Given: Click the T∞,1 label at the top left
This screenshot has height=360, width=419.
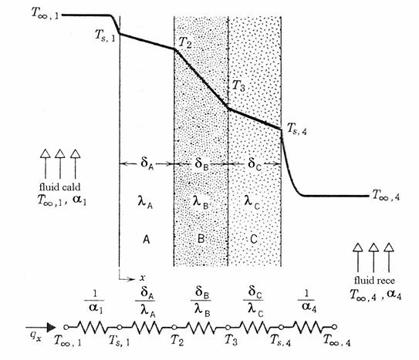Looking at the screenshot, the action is point(45,13).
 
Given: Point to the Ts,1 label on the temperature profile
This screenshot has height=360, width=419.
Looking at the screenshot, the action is point(105,36).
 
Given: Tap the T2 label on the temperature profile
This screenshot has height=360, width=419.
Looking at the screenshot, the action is point(185,42).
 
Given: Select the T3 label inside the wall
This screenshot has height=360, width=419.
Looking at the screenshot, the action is point(238,86).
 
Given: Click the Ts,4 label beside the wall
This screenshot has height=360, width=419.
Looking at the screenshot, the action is point(296,130).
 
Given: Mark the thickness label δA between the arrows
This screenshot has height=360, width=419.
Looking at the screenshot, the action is point(147,163).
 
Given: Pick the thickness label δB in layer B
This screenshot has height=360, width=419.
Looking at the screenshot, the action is point(201,163).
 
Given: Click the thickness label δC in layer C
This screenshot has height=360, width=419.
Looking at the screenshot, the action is point(255,163).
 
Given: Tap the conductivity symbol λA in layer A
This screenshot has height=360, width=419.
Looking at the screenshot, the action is point(145,202).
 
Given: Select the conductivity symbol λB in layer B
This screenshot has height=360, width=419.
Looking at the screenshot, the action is point(201,202).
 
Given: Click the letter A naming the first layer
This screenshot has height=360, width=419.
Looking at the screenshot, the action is point(146,240).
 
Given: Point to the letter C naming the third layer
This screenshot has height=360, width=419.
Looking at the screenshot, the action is point(254,239).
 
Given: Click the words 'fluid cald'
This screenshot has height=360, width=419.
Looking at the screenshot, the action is point(59,187).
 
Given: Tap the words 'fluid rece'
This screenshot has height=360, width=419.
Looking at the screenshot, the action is point(374,280).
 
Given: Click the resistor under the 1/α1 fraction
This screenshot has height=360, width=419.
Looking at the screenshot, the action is point(93,328).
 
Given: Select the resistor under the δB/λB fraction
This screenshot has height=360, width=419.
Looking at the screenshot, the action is point(201,328).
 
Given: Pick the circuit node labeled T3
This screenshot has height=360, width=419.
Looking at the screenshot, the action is point(228,327).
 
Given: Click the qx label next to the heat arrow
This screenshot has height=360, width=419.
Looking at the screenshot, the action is point(35,336).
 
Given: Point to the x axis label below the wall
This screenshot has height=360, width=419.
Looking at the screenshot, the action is point(143,278).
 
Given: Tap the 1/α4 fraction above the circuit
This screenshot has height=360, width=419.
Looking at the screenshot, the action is point(308,301).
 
